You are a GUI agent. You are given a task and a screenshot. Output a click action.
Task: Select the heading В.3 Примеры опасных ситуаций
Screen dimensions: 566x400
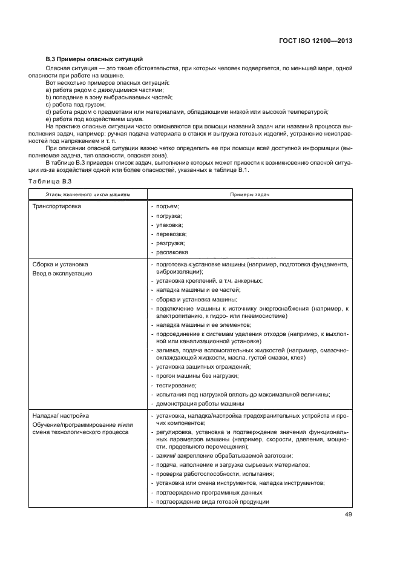(x=94, y=59)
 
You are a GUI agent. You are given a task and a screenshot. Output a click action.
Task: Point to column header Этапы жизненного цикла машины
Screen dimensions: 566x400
(x=87, y=194)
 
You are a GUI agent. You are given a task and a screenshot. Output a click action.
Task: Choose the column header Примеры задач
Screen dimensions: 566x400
(x=249, y=194)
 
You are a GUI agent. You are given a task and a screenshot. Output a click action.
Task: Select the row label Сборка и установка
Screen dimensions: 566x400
(x=61, y=265)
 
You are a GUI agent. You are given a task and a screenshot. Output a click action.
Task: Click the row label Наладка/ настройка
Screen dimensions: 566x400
(x=61, y=416)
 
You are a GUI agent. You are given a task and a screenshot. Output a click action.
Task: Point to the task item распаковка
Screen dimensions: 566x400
(x=172, y=252)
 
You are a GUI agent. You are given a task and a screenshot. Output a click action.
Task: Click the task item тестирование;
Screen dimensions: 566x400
(x=176, y=385)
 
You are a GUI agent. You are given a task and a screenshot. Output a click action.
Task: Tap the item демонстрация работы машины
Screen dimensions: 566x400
(x=200, y=403)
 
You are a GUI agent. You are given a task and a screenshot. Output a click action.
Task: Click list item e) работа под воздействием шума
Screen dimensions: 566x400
(x=88, y=119)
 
